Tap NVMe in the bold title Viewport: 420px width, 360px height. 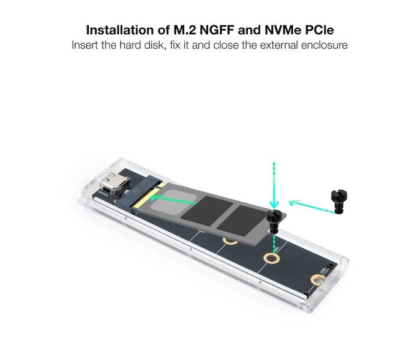(x=283, y=30)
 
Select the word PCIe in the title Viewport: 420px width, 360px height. (x=319, y=30)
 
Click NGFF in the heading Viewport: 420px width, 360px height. (x=217, y=30)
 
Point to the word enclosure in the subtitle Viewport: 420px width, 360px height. (x=324, y=45)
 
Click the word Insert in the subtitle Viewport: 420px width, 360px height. (x=85, y=45)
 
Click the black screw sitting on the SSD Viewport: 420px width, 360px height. (x=274, y=221)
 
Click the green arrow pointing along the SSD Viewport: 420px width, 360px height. (x=173, y=200)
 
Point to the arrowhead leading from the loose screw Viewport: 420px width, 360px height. (x=293, y=202)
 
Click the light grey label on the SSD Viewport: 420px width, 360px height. (x=173, y=201)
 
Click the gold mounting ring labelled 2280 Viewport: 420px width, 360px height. (x=318, y=280)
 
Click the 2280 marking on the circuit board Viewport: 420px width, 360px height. (x=324, y=270)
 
